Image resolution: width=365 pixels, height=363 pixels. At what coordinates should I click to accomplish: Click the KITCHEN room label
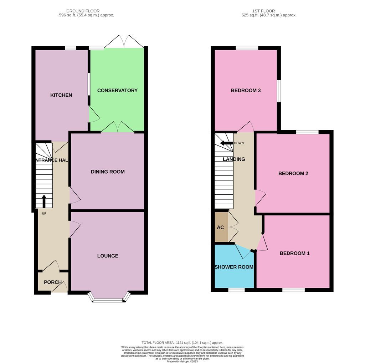point(61,95)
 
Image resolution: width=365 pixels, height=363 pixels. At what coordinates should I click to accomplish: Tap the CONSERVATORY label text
point(117,91)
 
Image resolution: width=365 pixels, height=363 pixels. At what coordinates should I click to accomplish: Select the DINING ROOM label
point(108,172)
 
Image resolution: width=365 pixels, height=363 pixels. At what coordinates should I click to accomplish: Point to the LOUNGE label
point(108,256)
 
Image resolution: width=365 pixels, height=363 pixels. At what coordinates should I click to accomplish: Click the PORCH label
point(53,282)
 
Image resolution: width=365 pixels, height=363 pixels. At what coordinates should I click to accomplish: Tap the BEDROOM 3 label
point(246,91)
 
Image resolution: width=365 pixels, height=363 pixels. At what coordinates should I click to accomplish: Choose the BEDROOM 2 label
point(293,174)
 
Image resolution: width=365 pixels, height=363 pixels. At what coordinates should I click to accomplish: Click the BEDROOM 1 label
point(294,254)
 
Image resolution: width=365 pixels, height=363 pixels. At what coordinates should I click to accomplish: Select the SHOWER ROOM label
point(234,267)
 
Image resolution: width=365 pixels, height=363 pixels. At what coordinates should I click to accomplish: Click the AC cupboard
point(221,227)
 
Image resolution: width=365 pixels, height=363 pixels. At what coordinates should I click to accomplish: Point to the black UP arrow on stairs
point(44,201)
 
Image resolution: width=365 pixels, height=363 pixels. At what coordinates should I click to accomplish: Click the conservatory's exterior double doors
point(124,42)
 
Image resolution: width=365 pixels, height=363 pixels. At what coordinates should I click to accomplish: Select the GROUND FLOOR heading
point(83,11)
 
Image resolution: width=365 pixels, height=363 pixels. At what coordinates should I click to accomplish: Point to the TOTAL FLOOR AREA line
point(182,343)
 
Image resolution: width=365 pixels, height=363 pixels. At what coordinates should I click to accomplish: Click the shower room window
point(236,290)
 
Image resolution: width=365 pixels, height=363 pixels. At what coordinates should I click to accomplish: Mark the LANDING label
point(234,159)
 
